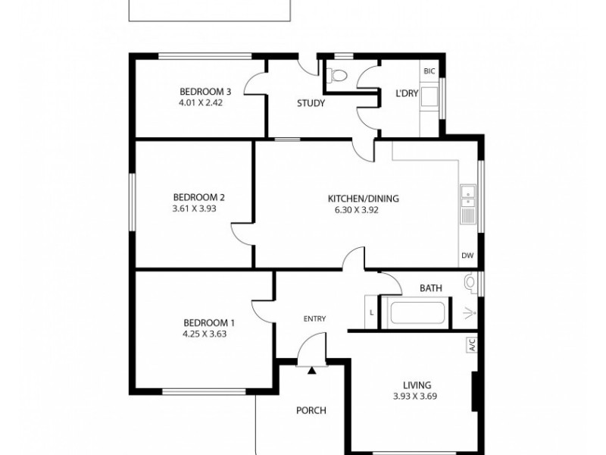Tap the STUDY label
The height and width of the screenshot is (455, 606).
click(x=311, y=104)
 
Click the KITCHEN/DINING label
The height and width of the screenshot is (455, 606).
click(x=363, y=199)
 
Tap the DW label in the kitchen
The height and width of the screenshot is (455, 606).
click(x=467, y=256)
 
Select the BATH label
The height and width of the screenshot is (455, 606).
click(x=430, y=287)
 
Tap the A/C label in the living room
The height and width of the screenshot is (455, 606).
click(x=470, y=346)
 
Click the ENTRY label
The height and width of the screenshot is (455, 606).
click(x=315, y=318)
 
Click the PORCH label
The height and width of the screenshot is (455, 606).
click(x=311, y=410)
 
